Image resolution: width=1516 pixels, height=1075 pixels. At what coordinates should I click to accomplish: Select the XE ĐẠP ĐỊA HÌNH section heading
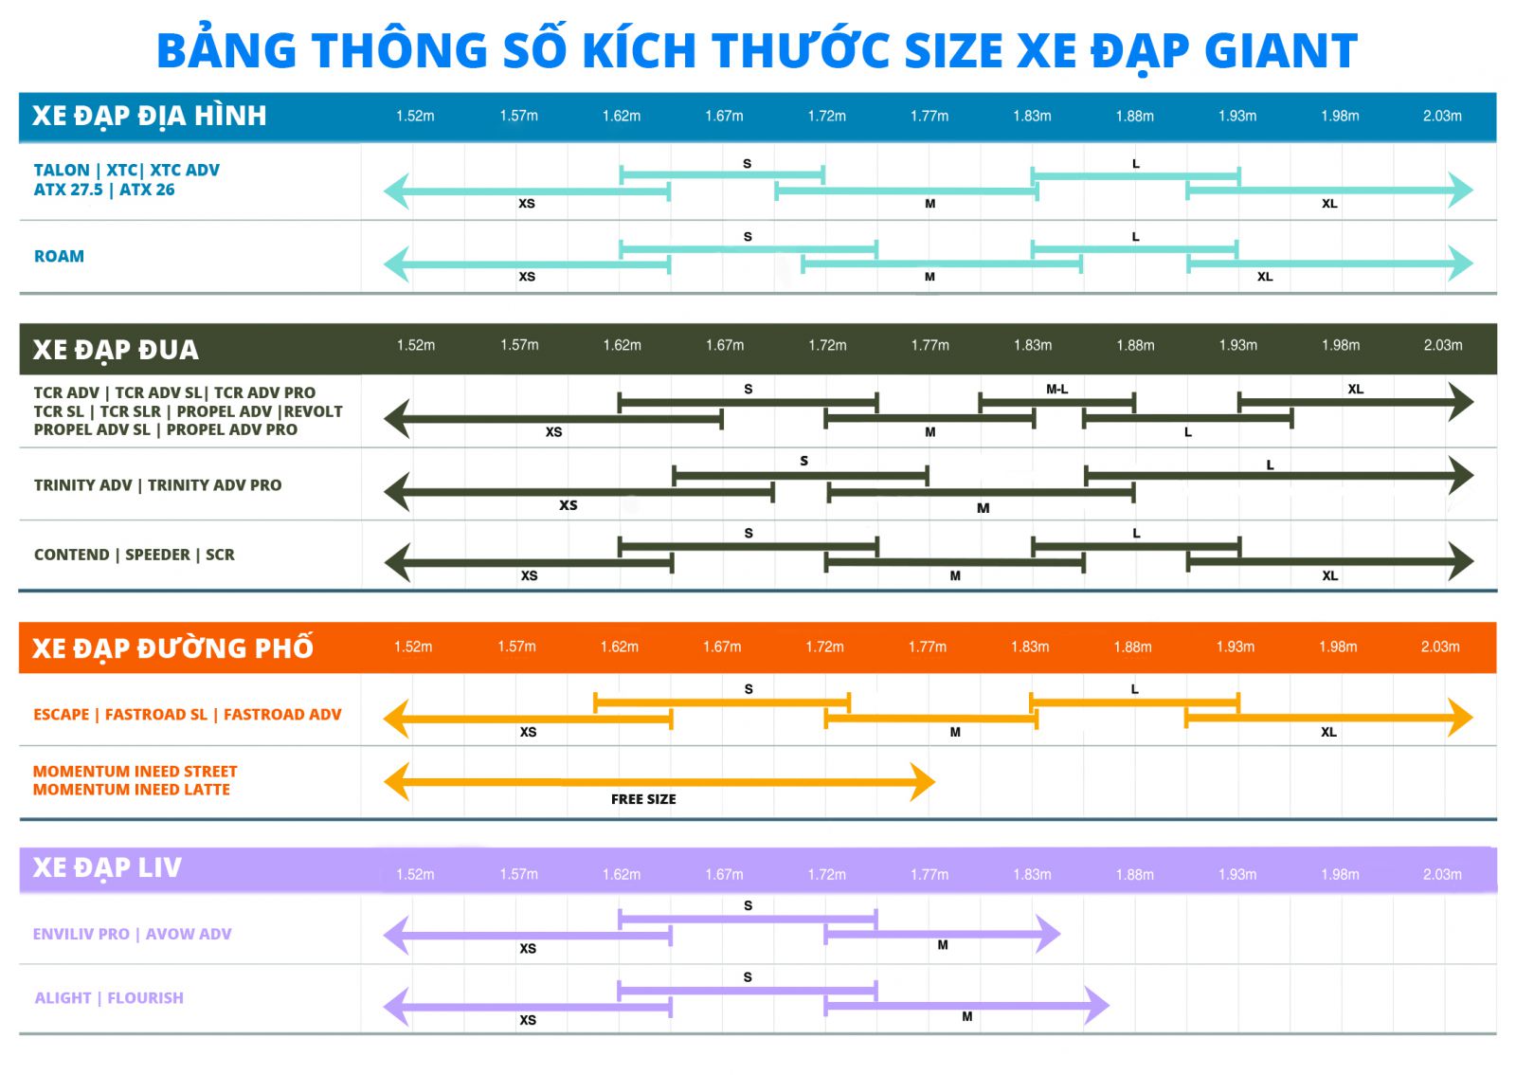(x=150, y=117)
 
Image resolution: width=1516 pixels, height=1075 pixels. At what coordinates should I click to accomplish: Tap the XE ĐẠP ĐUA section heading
(x=116, y=350)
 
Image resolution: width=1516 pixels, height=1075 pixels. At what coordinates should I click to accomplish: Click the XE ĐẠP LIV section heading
(x=107, y=867)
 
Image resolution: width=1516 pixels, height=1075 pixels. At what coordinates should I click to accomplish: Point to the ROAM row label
(x=59, y=257)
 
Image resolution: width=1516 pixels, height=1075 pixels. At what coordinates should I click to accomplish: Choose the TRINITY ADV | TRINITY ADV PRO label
(x=157, y=485)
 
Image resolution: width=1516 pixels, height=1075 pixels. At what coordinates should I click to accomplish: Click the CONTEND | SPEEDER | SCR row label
(x=134, y=556)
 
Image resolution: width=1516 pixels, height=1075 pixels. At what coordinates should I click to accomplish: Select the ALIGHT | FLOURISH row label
(x=109, y=998)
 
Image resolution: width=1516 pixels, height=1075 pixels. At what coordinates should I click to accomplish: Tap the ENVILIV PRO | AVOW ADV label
(x=132, y=934)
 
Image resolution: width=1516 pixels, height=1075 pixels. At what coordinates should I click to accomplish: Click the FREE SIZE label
(x=643, y=799)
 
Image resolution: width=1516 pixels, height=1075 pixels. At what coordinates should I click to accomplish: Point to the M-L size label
(x=1057, y=390)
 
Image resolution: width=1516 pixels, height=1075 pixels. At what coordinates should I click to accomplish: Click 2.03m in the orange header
(x=1440, y=647)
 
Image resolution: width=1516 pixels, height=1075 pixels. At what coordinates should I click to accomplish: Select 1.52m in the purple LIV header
(x=415, y=875)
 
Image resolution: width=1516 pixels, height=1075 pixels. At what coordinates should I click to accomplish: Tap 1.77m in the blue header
(x=929, y=117)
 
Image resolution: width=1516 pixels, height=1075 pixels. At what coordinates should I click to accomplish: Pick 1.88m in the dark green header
(x=1135, y=346)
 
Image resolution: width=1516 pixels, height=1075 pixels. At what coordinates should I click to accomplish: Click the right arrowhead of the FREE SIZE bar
(x=923, y=783)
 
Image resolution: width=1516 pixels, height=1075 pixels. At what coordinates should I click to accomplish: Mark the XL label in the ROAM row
(x=1265, y=277)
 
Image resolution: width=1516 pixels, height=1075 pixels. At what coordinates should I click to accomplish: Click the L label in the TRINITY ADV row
(x=1271, y=465)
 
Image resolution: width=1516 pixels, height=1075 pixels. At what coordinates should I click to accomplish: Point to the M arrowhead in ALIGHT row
(x=1097, y=1006)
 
